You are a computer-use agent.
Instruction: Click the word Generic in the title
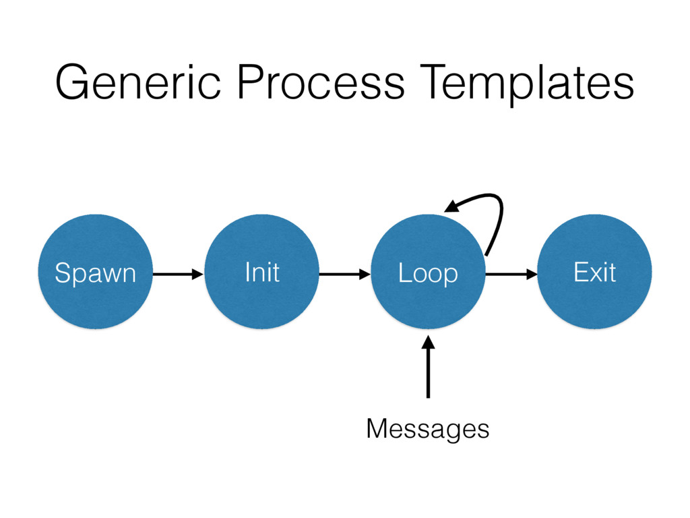click(x=137, y=82)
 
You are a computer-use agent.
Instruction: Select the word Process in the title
click(x=321, y=82)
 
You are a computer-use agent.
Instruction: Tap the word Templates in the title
click(x=527, y=84)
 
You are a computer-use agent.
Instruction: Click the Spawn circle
click(x=96, y=271)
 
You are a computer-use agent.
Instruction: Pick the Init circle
click(x=262, y=271)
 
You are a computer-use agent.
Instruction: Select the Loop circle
click(x=428, y=271)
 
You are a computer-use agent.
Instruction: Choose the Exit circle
click(x=594, y=271)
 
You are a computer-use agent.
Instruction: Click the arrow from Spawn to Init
click(x=178, y=274)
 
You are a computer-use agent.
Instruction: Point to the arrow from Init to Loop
click(x=344, y=274)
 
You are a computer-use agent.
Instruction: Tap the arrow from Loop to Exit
click(x=511, y=274)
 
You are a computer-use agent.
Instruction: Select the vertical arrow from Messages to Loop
click(x=428, y=367)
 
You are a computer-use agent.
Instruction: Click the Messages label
click(x=428, y=428)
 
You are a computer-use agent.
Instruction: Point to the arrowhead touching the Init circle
click(x=198, y=274)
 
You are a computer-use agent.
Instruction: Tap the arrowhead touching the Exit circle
click(x=532, y=274)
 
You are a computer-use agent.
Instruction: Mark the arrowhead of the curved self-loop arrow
click(x=451, y=206)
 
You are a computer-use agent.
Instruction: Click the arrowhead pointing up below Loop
click(x=428, y=342)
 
